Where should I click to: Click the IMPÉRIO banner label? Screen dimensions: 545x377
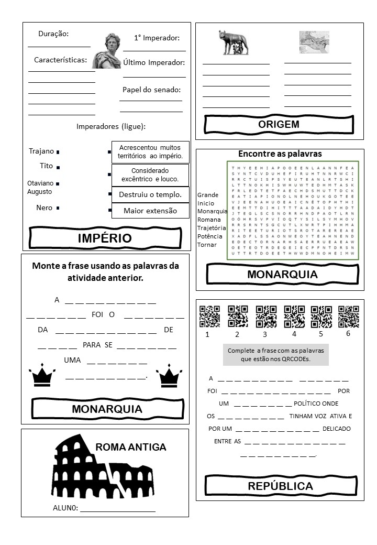(105, 238)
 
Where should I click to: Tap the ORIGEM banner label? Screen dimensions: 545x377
(279, 124)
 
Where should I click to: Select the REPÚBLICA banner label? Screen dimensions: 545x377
(280, 486)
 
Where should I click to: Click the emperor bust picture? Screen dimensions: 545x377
(107, 51)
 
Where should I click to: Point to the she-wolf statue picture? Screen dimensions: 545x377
(234, 42)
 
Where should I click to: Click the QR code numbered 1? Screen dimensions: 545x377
(209, 317)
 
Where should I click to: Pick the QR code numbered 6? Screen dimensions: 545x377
(349, 317)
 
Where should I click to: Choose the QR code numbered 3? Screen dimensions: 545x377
(266, 317)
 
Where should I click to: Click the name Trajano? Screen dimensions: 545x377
(41, 151)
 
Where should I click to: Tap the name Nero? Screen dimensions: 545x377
(45, 208)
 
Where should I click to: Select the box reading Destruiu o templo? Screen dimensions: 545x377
(150, 194)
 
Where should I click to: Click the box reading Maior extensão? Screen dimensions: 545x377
(150, 211)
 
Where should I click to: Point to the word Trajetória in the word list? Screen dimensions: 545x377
(212, 228)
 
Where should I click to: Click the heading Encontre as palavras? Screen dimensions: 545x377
(280, 154)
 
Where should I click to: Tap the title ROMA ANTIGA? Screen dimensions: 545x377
(131, 447)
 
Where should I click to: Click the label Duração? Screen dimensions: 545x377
(53, 34)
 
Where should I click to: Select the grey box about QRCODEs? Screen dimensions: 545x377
(275, 355)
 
